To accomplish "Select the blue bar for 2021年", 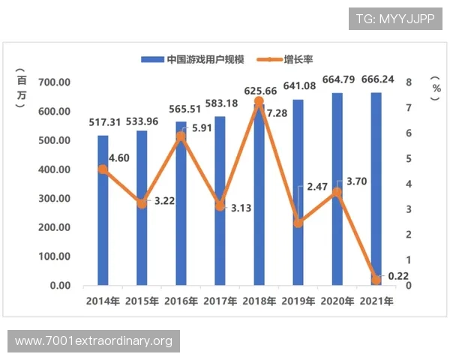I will (x=376, y=187).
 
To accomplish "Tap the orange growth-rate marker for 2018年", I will (x=259, y=100).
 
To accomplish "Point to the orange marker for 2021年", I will (x=376, y=280).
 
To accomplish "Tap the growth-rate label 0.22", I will (x=397, y=276).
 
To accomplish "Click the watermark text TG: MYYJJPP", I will (x=395, y=18).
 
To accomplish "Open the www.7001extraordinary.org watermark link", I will (x=94, y=342).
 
